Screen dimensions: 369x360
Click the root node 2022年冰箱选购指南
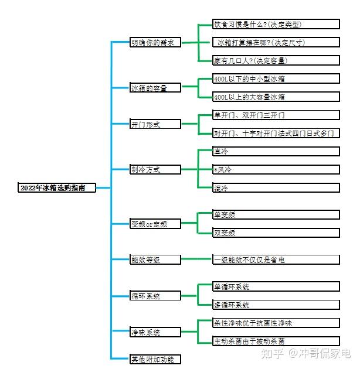click(57, 188)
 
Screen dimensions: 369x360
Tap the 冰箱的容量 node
click(155, 88)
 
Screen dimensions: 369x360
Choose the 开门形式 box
click(155, 124)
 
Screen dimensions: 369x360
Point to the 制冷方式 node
click(155, 170)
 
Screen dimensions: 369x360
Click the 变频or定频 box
click(155, 224)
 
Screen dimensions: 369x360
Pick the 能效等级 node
click(155, 259)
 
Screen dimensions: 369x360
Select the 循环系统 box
click(155, 296)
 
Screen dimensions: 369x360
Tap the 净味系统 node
click(155, 332)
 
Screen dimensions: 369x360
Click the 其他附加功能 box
click(155, 359)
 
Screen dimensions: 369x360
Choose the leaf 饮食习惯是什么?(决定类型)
click(276, 24)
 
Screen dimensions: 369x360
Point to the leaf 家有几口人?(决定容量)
click(276, 60)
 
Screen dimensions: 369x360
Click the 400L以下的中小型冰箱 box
click(276, 78)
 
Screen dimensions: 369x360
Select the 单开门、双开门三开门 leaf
click(276, 115)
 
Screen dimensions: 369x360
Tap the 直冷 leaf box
click(276, 151)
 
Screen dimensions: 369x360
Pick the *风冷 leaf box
click(276, 170)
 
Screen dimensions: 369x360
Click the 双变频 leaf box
click(276, 233)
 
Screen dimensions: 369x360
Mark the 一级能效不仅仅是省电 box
click(276, 259)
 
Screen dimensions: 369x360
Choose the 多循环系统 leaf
click(276, 305)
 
